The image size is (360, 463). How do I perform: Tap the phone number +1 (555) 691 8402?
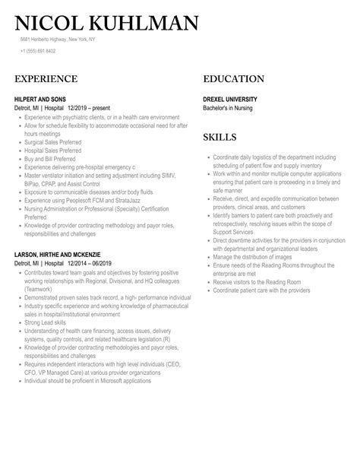(x=38, y=51)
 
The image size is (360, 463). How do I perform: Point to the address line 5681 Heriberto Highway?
(x=68, y=40)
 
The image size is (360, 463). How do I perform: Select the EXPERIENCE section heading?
(x=46, y=79)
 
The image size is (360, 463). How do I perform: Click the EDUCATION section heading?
(x=234, y=79)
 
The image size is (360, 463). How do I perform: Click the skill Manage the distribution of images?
(x=254, y=257)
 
